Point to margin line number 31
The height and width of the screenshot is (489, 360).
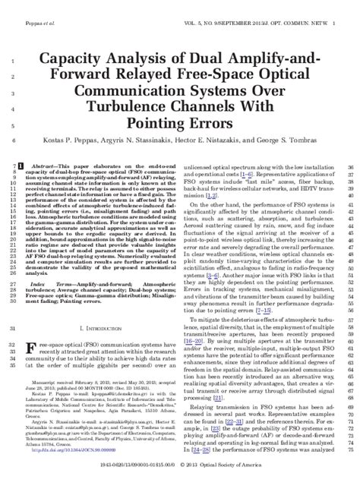pyautogui.click(x=16, y=327)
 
